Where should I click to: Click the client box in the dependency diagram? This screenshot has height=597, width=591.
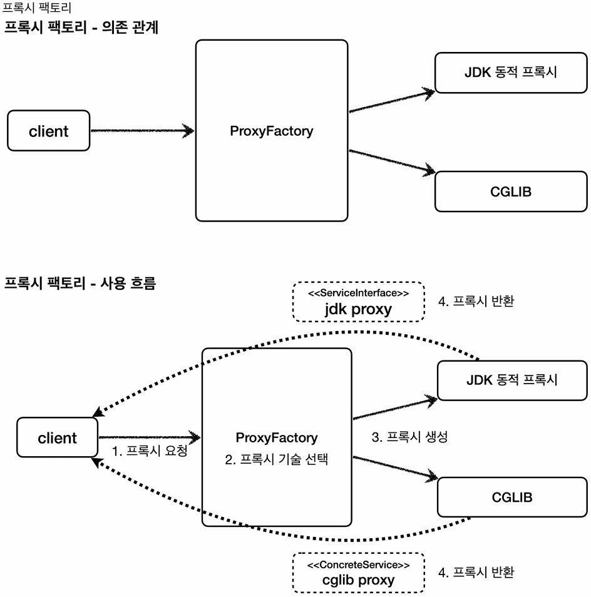point(49,131)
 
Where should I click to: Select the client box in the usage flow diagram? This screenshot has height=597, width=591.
point(57,438)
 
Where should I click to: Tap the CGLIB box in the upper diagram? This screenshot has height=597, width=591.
point(511,191)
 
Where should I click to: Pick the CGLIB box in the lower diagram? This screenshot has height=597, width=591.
point(511,497)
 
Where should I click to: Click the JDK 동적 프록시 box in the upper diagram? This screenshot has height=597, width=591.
point(511,73)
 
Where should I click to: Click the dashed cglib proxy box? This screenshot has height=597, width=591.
point(359,573)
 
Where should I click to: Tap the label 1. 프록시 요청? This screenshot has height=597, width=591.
point(149,451)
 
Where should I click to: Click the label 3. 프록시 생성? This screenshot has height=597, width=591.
point(409,437)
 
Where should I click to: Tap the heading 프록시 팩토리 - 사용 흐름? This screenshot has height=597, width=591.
point(80,283)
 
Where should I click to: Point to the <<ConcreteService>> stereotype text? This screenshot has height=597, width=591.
point(359,564)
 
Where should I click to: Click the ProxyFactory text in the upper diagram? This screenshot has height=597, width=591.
point(271,131)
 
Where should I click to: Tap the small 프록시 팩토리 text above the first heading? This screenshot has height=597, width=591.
point(37,9)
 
